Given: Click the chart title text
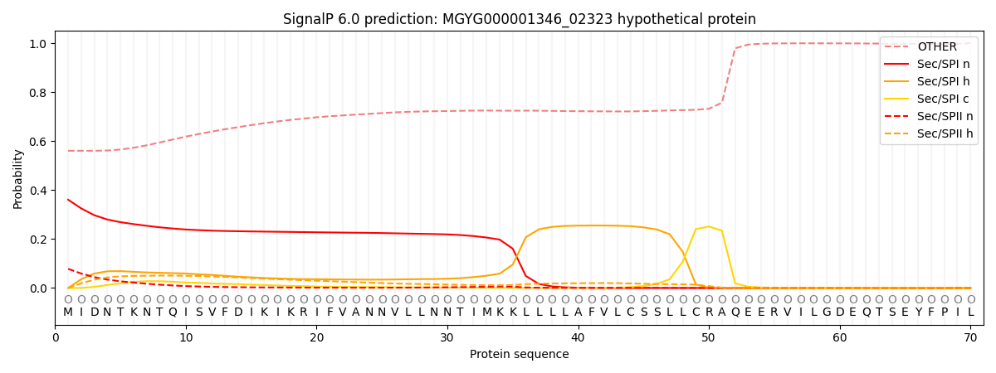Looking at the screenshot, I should coord(519,19).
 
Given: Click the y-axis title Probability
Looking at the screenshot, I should coord(18,178).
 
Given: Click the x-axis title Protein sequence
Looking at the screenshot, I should coord(519,355).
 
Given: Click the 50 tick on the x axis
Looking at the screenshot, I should coord(708,337).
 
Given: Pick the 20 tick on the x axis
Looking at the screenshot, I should coord(316,337).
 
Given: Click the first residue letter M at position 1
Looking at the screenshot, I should coord(68,312).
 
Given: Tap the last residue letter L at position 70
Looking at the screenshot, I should coord(970,312).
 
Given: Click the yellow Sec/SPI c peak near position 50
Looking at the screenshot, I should coord(708,226).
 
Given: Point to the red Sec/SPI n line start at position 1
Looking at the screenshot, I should coord(68,200).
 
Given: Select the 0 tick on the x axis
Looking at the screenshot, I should coord(56,337).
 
